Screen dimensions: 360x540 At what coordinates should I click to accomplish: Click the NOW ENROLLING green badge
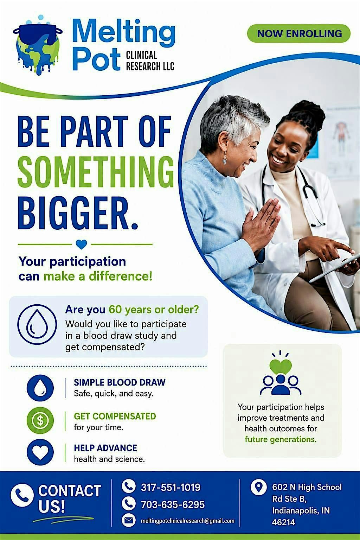coord(299,33)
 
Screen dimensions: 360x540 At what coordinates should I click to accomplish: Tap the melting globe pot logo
coord(38,45)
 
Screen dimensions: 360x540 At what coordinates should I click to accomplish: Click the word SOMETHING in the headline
coord(96,172)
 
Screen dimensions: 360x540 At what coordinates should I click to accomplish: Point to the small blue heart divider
coord(81,244)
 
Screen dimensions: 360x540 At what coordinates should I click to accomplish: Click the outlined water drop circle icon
coord(37,324)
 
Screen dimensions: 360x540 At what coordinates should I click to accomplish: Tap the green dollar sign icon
coord(40,420)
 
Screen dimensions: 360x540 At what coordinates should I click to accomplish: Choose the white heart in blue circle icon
coord(40,452)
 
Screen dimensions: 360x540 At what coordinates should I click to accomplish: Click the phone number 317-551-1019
coord(171,487)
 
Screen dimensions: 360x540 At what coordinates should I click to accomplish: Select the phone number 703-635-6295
coord(173,504)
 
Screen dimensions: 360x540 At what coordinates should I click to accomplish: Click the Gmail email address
coord(187,521)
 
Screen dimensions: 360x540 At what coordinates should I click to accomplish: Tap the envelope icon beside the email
coord(128,520)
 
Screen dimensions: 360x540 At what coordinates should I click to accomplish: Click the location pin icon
coord(258,487)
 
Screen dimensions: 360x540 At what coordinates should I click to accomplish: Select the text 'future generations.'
coord(281,439)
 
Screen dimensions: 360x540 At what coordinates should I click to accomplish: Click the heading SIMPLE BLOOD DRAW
coord(120,382)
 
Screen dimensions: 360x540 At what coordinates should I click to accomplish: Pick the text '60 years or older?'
coord(154,310)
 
